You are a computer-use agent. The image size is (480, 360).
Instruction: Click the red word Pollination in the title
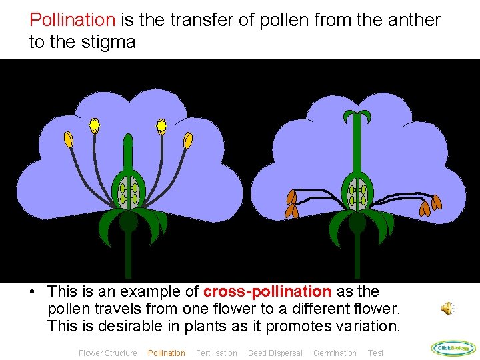(73, 20)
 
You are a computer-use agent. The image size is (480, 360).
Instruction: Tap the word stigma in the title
(111, 43)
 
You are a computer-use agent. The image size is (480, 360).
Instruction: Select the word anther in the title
(416, 20)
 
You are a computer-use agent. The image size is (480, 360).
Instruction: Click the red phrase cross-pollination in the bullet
(267, 291)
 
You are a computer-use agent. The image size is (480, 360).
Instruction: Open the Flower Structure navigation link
(107, 353)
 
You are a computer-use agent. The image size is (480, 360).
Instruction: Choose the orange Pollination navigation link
(166, 353)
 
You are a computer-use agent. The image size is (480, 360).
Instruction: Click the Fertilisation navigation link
(216, 353)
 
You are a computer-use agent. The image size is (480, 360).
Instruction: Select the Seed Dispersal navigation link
(275, 353)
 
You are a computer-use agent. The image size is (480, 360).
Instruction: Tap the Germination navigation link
(335, 353)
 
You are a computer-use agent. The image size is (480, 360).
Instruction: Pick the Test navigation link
(375, 353)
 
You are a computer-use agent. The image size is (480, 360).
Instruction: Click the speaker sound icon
(448, 308)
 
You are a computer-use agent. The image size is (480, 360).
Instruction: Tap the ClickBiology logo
(453, 347)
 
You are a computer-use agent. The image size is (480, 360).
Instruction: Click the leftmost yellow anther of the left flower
(69, 139)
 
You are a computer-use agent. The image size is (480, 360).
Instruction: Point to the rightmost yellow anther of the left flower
(188, 141)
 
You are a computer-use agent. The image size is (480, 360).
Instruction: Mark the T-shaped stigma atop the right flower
(357, 117)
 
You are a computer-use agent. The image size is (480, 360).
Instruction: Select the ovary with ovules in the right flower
(357, 193)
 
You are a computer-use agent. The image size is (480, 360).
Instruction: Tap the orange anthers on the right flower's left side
(292, 204)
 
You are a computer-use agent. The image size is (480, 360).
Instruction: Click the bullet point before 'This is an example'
(32, 292)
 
